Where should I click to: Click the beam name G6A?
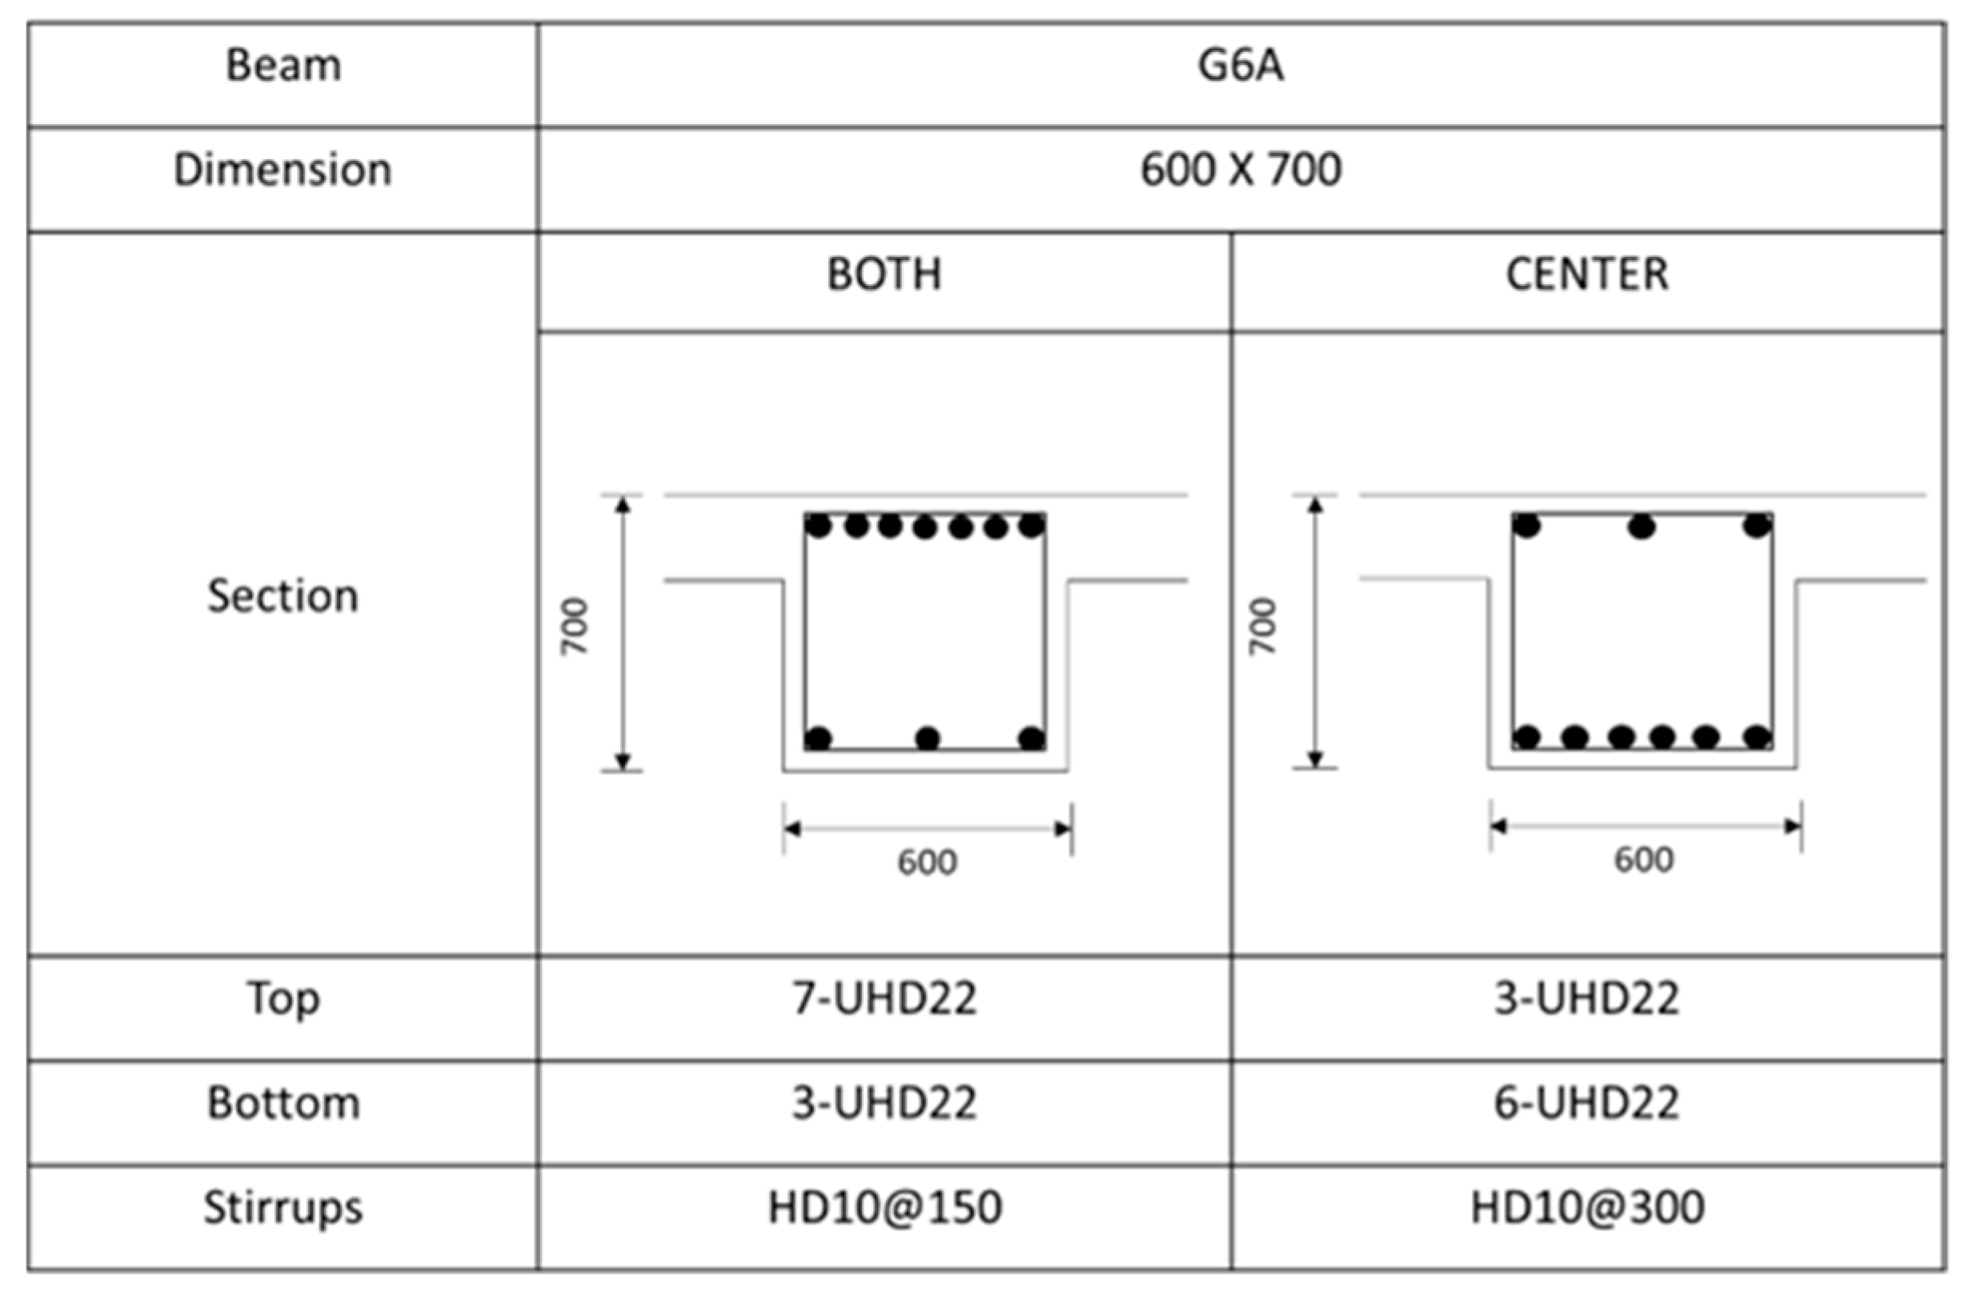pos(1241,66)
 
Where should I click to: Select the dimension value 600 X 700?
pos(1241,171)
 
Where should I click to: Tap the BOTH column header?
pos(884,275)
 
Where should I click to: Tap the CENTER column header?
pos(1587,275)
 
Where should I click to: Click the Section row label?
pos(283,596)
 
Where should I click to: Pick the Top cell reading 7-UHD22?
pos(884,998)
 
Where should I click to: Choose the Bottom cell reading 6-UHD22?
pos(1587,1103)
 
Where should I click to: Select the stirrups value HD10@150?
pos(884,1207)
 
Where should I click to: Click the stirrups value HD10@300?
pos(1587,1207)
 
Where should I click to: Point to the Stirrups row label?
pos(283,1207)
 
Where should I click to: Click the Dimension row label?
pos(283,171)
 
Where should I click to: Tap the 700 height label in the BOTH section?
pos(575,626)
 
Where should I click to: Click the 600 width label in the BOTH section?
pos(927,863)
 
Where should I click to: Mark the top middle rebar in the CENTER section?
pos(1641,526)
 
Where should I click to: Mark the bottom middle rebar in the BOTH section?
pos(928,738)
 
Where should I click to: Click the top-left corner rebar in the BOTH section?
pos(818,525)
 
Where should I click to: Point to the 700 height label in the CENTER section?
pos(1264,626)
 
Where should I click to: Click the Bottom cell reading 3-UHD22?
pos(884,1103)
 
